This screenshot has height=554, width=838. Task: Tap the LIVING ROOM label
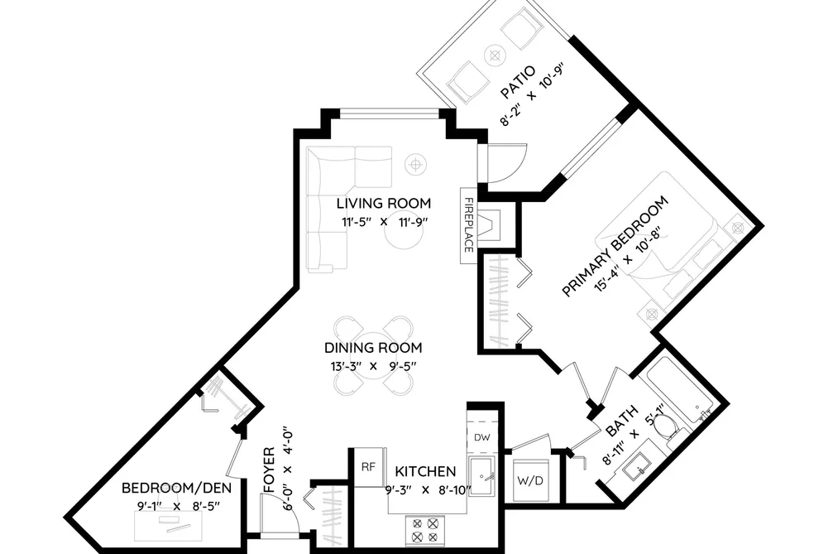click(384, 203)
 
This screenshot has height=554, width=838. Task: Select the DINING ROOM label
click(373, 348)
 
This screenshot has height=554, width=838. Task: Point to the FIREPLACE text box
click(468, 225)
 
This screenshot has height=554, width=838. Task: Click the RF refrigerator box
click(369, 467)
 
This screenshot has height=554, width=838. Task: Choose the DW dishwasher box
click(482, 437)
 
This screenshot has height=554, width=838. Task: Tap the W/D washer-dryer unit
click(530, 480)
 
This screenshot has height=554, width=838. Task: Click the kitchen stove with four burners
click(425, 530)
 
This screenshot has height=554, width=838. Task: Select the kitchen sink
click(482, 476)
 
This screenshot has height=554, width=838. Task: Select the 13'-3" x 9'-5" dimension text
click(373, 366)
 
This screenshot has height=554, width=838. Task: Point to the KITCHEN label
click(425, 472)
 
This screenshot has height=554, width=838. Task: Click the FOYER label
click(269, 470)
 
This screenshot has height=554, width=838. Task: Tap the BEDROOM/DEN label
click(177, 488)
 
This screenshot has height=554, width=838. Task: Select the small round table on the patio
click(495, 55)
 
